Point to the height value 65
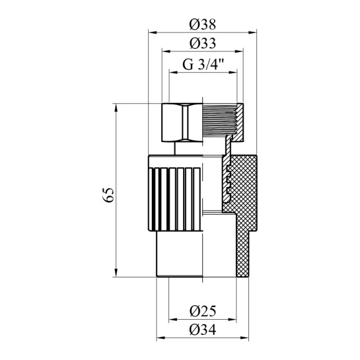point(110,194)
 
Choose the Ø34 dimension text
point(203,331)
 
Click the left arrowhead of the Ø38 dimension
point(150,32)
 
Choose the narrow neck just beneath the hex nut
point(184,148)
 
